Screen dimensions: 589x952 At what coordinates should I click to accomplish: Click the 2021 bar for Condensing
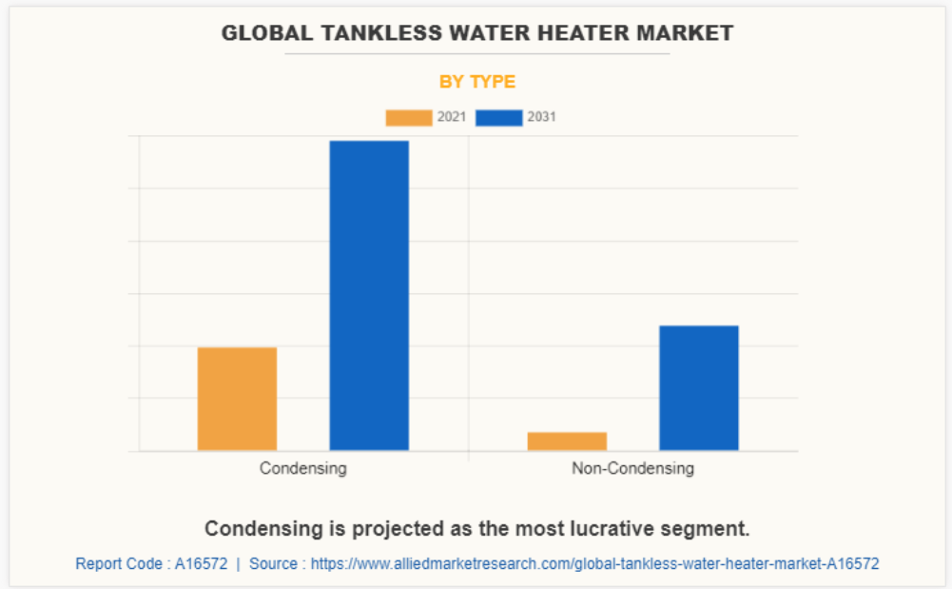point(237,399)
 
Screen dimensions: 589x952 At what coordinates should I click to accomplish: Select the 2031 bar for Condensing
point(369,295)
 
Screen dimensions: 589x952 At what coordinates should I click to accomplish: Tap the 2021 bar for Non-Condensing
point(567,441)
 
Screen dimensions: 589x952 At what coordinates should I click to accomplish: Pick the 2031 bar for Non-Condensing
point(699,387)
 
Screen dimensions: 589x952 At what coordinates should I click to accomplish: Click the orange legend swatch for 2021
point(408,118)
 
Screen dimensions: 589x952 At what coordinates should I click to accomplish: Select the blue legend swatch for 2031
point(498,118)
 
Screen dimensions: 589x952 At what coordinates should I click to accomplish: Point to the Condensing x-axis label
point(303,468)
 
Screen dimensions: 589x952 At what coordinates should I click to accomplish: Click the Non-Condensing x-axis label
point(632,468)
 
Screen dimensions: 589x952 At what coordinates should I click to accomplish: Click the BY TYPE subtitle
point(477,82)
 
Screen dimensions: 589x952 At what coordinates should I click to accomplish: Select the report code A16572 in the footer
point(201,563)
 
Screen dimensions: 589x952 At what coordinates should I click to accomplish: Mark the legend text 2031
point(542,118)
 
